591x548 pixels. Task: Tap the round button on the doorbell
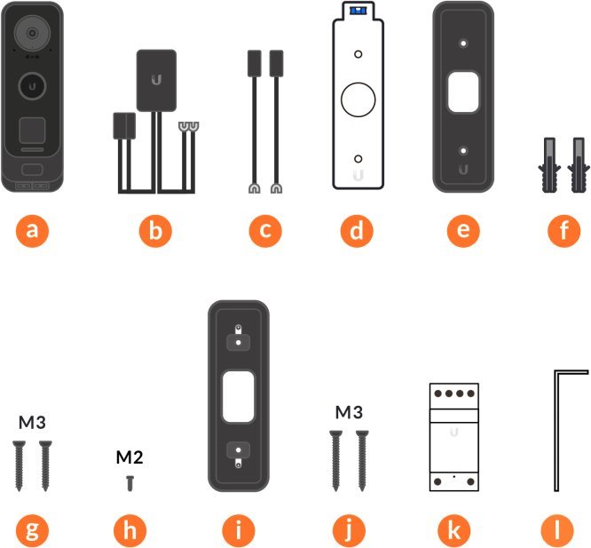coord(34,87)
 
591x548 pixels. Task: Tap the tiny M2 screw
coord(130,480)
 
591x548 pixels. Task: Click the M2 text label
coord(130,458)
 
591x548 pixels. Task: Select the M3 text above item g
coord(32,421)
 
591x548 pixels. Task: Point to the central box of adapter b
coord(157,79)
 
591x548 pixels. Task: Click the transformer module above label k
coord(455,435)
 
